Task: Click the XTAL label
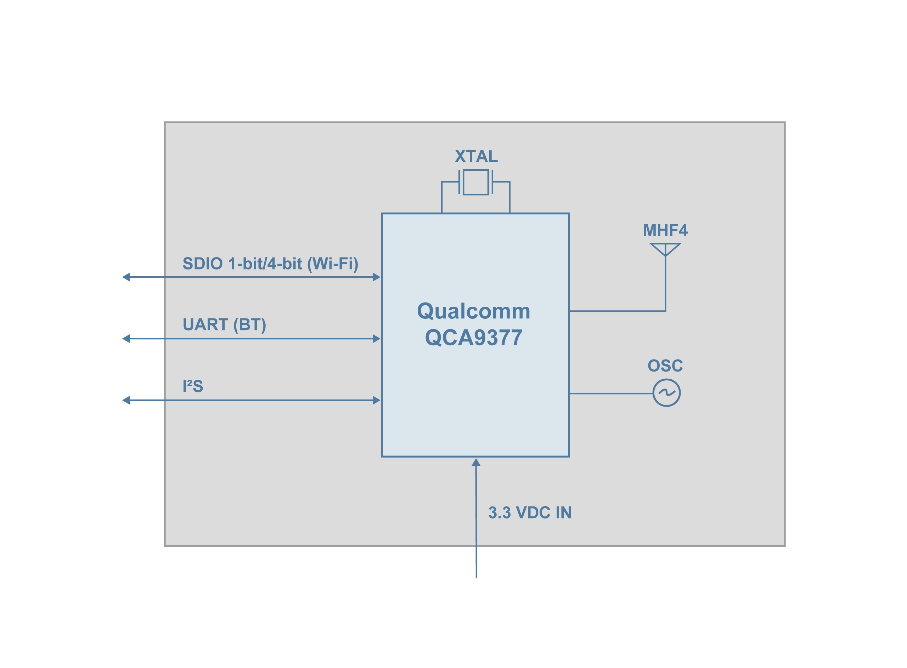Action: (476, 157)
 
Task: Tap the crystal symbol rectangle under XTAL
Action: (475, 182)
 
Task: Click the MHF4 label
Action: (665, 231)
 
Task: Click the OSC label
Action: (665, 366)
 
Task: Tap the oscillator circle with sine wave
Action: (666, 393)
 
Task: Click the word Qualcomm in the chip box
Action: (473, 311)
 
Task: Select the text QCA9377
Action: (473, 338)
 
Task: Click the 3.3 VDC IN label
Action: (530, 513)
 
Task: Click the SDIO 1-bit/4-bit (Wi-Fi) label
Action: (270, 264)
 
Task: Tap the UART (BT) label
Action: (224, 325)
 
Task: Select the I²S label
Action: (192, 386)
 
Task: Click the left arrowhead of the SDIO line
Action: (126, 277)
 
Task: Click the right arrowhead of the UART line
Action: (376, 339)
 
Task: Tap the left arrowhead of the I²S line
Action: (126, 400)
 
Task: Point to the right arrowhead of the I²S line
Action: (376, 400)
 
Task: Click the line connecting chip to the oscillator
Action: (610, 394)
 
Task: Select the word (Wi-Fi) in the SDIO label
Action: (332, 264)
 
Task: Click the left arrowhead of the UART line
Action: (126, 339)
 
